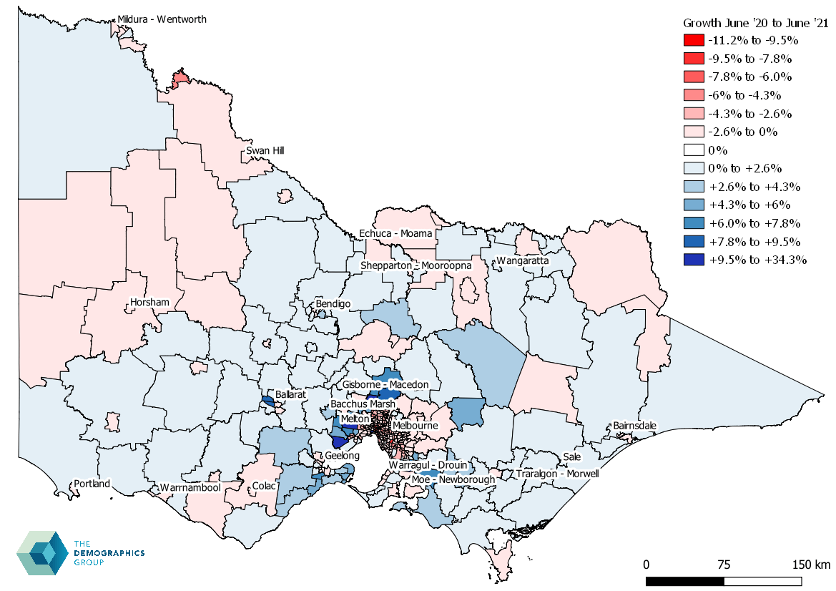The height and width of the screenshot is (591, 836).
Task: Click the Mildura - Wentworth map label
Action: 162,19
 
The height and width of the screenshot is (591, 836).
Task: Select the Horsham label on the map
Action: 149,303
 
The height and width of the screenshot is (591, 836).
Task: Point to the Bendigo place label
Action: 333,304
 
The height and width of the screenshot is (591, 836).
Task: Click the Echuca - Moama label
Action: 395,234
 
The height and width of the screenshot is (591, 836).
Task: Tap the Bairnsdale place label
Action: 634,426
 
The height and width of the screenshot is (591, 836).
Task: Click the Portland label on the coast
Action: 92,484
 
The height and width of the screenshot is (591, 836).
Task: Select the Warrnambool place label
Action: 190,488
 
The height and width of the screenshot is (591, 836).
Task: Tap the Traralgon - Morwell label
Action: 556,474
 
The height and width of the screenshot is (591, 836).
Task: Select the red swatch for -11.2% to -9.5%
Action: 694,40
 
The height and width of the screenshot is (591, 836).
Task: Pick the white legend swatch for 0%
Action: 694,150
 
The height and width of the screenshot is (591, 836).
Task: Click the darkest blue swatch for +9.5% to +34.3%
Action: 694,260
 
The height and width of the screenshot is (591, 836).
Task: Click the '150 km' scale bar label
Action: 810,565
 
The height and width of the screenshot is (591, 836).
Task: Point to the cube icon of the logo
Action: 41,552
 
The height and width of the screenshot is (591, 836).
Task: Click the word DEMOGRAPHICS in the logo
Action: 109,553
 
